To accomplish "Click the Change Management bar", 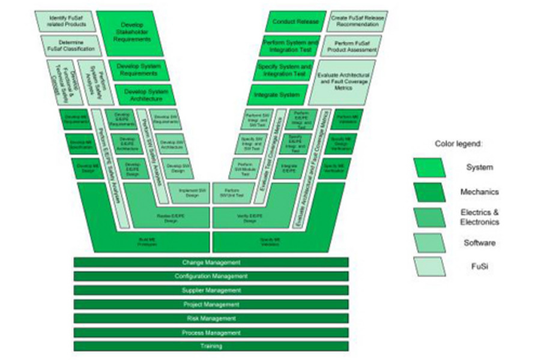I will coord(211,262).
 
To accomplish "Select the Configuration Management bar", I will coord(211,276).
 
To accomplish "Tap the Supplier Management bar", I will coord(211,290).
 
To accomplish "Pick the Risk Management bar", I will coord(211,318).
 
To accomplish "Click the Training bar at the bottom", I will coord(211,346).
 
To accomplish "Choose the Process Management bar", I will coord(211,332).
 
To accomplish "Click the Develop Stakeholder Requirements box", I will coord(130,34).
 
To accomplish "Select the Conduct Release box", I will coord(295,22).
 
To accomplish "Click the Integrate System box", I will coord(277,95).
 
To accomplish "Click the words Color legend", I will coord(458,144).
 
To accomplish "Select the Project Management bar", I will coord(211,304).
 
